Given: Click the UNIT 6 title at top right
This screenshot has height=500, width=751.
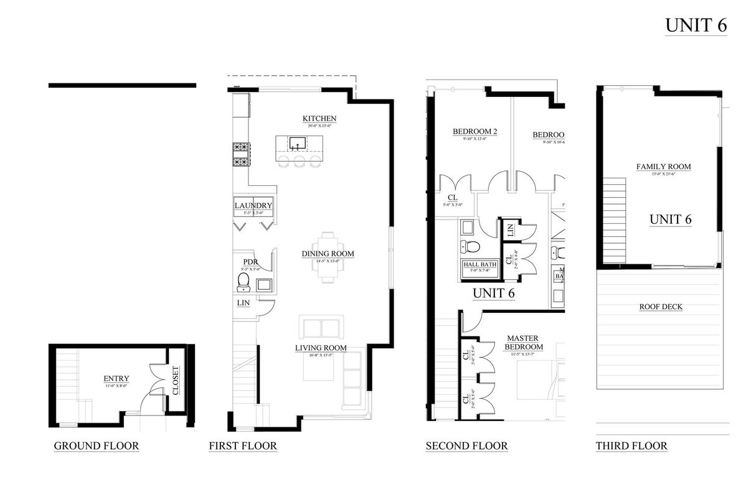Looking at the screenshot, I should tap(696, 25).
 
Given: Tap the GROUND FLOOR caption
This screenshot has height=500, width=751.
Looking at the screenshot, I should tap(96, 446).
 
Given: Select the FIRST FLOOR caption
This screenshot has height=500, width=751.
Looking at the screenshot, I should tap(243, 446).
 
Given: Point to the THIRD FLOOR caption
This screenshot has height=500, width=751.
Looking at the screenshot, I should tap(631, 446).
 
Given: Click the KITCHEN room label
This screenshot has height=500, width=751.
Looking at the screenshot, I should tap(319, 119).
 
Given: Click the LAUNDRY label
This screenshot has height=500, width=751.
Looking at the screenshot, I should tap(253, 206).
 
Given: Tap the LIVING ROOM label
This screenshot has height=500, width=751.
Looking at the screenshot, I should tap(321, 348).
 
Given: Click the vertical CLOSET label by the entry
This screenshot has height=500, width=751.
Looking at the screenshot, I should tap(175, 381).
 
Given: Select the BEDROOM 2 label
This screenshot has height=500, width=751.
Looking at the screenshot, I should tap(474, 132).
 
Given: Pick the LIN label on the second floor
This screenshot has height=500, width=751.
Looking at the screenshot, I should tap(510, 230).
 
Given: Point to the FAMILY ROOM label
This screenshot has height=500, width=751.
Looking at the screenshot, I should tap(663, 167).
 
